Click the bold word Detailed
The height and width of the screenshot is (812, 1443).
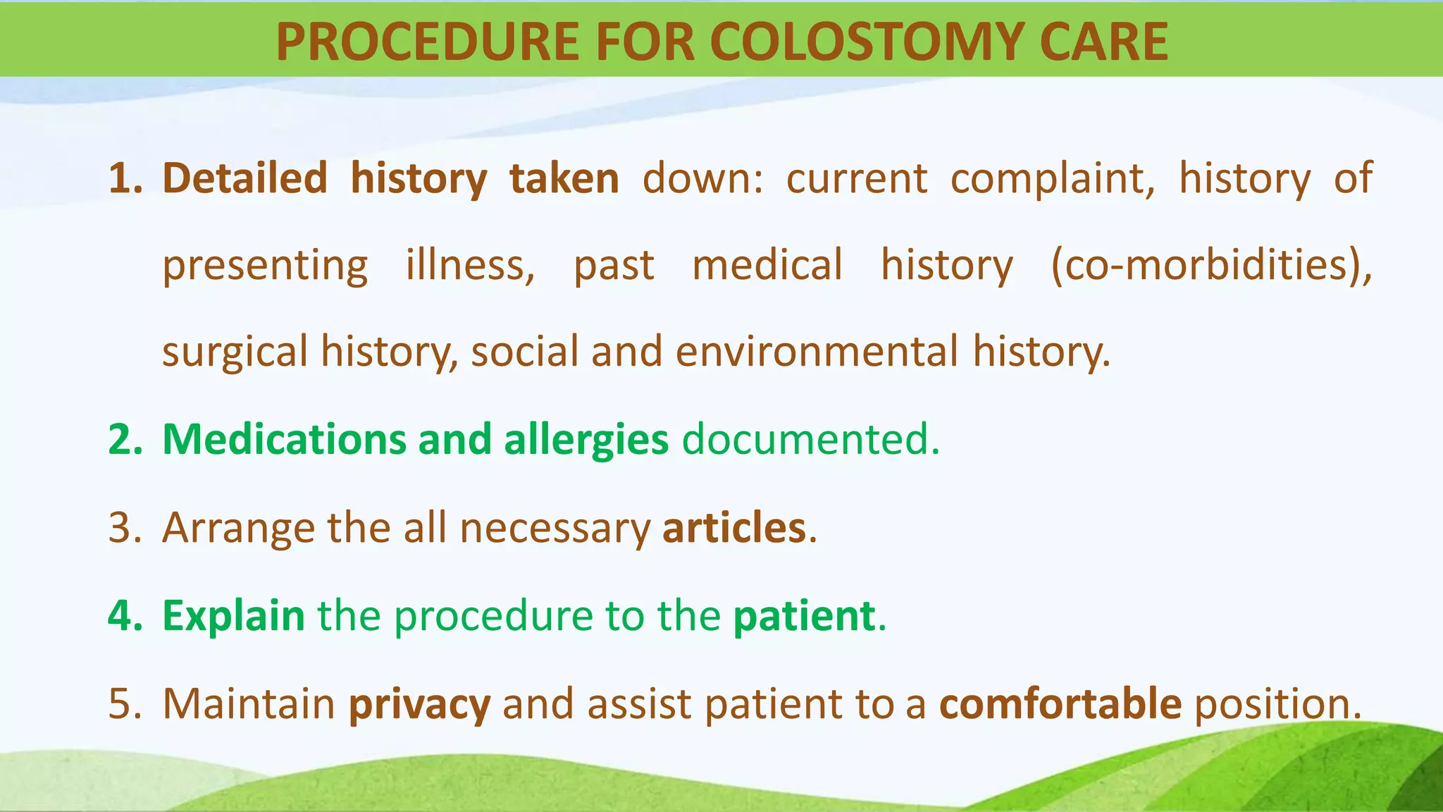(x=244, y=178)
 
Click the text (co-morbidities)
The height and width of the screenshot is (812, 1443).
(x=1210, y=266)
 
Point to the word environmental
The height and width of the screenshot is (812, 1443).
(x=817, y=352)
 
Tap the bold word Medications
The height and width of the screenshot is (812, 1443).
(x=284, y=440)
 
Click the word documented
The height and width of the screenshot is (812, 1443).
(x=810, y=440)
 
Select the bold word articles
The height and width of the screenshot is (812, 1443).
(x=733, y=528)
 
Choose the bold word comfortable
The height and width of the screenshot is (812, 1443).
(x=1060, y=704)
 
